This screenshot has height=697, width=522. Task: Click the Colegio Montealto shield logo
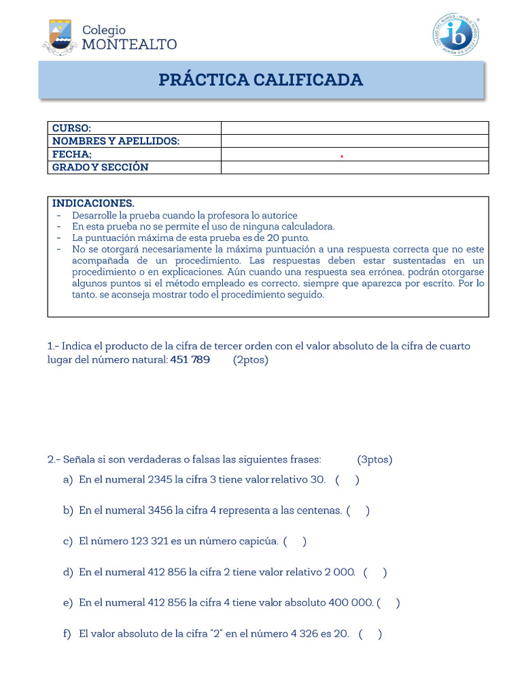(x=60, y=36)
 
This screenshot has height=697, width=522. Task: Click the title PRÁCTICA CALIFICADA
(x=261, y=80)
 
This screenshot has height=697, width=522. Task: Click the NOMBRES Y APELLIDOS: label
(x=116, y=141)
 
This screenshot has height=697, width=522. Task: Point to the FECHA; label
(x=72, y=154)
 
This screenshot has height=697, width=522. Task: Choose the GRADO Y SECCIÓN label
(x=101, y=167)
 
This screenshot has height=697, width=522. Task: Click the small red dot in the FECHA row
(x=342, y=157)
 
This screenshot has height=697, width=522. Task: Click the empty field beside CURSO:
(x=355, y=128)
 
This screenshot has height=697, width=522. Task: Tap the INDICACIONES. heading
(x=94, y=203)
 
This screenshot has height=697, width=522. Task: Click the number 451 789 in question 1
(x=190, y=359)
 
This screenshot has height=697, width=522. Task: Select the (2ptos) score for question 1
(x=251, y=359)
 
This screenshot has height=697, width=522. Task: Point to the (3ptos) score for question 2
(x=375, y=459)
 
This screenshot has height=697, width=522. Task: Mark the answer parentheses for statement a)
(x=347, y=480)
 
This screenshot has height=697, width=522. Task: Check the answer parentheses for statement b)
(x=358, y=510)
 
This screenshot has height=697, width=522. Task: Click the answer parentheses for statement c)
(x=295, y=542)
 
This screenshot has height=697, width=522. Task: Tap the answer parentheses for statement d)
(x=375, y=572)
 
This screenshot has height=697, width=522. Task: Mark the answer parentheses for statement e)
(x=388, y=602)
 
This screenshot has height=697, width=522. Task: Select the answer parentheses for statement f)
(x=370, y=634)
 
